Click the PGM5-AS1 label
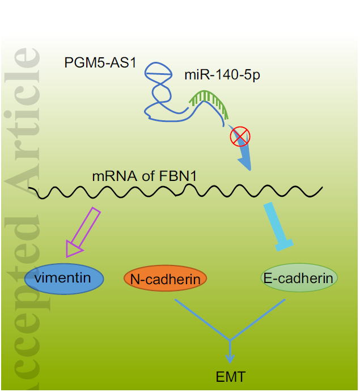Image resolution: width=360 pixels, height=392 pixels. click(100, 61)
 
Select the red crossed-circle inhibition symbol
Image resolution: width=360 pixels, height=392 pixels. click(240, 137)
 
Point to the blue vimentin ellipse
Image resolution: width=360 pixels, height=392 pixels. click(64, 278)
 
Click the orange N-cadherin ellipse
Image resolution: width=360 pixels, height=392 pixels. click(165, 279)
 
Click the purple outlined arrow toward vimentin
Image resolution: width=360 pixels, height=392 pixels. click(83, 233)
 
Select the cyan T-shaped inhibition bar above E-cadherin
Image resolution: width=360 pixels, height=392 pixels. click(277, 226)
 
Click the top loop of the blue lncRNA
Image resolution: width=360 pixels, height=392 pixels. click(158, 70)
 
